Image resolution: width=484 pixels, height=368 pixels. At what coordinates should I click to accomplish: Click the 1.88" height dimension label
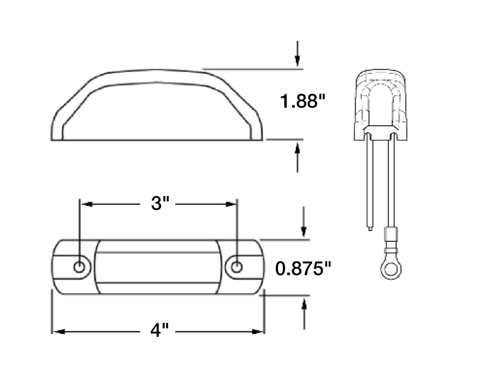[302, 101]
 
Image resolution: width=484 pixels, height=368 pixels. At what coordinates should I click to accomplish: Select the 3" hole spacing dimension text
[160, 204]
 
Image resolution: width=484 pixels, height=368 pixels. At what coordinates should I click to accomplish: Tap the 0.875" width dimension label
[303, 269]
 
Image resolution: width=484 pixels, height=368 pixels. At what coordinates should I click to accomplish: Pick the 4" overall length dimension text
[160, 331]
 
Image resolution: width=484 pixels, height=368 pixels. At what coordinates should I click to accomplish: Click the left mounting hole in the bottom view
[79, 267]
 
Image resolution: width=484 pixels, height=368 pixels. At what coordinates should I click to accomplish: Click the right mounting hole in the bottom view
[237, 267]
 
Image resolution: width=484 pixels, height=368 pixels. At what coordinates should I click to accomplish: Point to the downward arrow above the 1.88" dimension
[297, 60]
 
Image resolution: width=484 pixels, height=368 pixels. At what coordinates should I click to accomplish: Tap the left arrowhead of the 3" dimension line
[86, 204]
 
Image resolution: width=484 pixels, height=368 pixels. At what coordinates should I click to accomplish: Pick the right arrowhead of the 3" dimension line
[231, 204]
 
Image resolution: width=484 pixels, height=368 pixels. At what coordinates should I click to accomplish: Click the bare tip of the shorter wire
[370, 228]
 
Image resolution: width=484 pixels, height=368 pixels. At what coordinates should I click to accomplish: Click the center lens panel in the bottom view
[158, 267]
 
